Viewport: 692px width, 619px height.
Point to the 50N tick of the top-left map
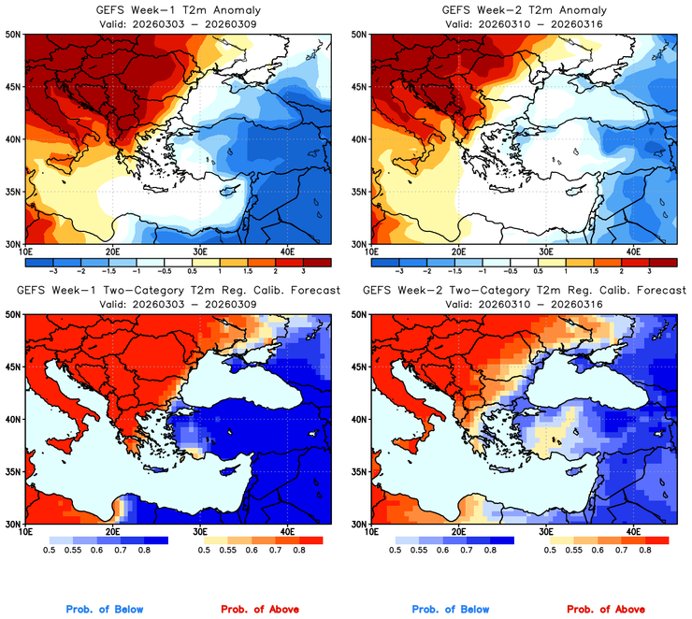[12, 35]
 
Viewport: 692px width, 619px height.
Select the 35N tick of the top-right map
[358, 193]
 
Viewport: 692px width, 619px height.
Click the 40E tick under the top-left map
[287, 252]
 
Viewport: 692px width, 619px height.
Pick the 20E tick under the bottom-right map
[459, 532]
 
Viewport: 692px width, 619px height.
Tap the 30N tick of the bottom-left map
[12, 524]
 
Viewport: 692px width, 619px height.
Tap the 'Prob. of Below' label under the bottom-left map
[105, 610]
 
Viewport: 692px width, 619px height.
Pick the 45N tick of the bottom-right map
[358, 367]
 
